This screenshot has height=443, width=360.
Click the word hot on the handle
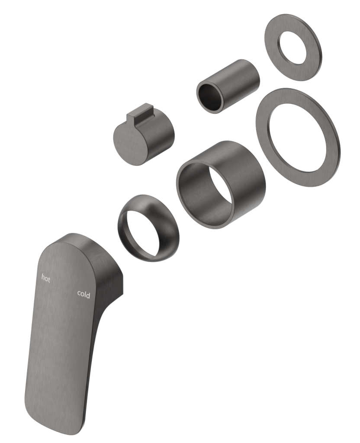[x=46, y=279]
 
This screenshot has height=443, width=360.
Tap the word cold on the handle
[x=84, y=295]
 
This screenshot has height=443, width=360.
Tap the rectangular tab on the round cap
[x=139, y=114]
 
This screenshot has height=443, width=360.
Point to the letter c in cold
[x=79, y=295]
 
